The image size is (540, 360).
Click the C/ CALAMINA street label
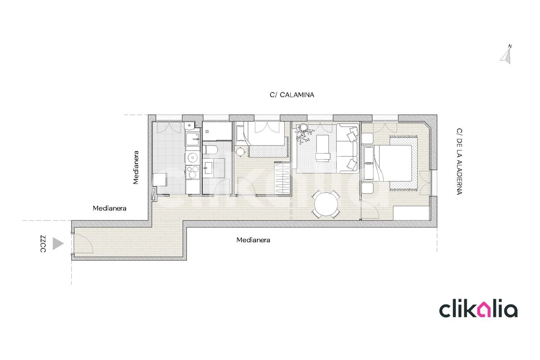pos(292,95)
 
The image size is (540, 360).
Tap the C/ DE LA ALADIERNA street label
pos(459,161)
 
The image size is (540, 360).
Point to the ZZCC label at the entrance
pos(43,244)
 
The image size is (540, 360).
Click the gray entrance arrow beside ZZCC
pos(58,243)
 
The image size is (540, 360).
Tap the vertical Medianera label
pos(136,168)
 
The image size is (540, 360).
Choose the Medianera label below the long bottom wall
pos(253,240)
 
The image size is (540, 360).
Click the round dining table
pos(326,204)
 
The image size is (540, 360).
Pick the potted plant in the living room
pos(305,132)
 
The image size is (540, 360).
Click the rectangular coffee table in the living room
pos(323,148)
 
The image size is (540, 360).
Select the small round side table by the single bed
pos(240,152)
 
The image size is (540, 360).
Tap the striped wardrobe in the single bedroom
pos(282,178)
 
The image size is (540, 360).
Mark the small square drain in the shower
pos(207,132)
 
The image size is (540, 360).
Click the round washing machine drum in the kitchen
pos(192,158)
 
